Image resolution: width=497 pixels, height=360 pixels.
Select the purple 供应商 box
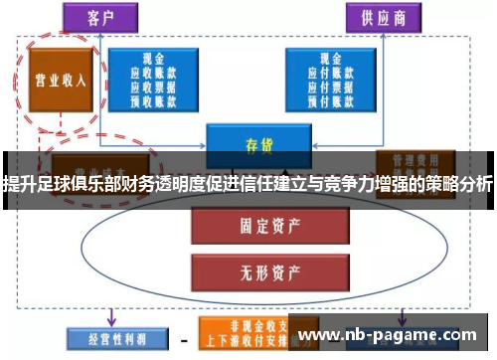(x=380, y=17)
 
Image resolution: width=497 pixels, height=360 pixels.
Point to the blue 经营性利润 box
(x=106, y=337)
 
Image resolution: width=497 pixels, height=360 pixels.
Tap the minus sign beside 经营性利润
(x=183, y=337)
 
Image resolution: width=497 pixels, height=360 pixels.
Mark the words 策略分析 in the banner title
(x=455, y=183)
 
